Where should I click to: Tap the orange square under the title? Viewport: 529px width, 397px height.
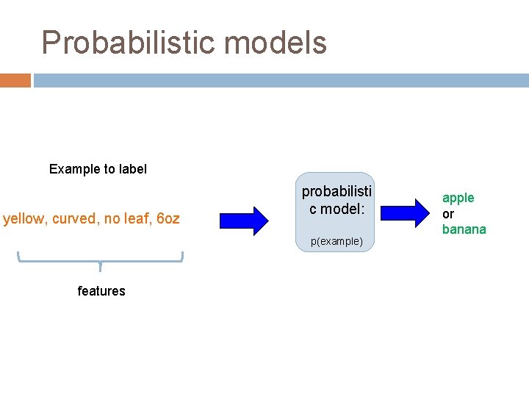pos(15,80)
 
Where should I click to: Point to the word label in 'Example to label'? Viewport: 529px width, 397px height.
pos(132,169)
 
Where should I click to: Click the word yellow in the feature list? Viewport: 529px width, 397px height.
pos(24,218)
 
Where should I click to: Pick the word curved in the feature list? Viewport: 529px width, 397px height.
pos(74,218)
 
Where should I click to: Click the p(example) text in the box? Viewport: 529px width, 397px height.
pos(336,241)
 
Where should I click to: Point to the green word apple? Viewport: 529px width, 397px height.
pos(458,198)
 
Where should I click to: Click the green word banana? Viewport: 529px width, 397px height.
pos(464,229)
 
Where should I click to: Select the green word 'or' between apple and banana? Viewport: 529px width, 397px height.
pos(447,214)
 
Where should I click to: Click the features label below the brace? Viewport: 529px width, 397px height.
pos(101,291)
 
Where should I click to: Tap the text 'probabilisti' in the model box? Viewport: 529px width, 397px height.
pos(337,191)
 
